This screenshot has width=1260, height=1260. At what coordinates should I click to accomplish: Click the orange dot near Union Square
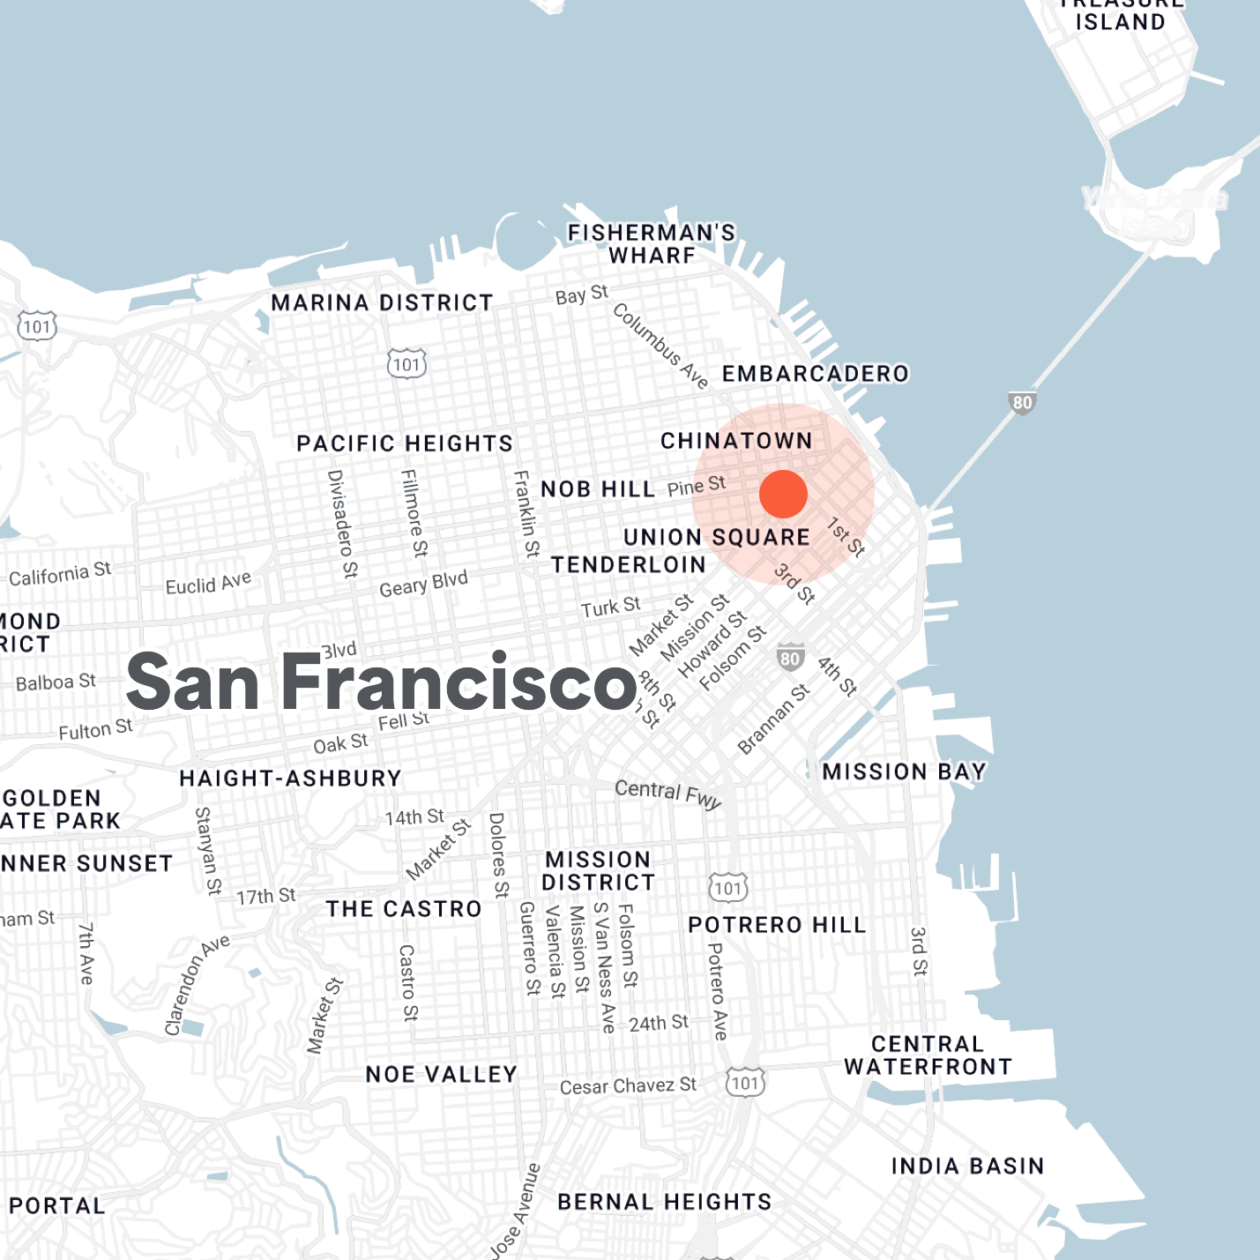[x=783, y=494]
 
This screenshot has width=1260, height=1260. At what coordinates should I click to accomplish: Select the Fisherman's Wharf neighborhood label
[x=652, y=244]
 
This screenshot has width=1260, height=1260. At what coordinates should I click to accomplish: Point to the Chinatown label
[x=736, y=441]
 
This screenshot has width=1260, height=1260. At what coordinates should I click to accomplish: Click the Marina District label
[x=382, y=303]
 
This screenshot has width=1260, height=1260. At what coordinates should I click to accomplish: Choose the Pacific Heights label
[x=405, y=444]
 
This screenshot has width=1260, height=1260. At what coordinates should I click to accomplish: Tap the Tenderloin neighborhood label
[x=629, y=565]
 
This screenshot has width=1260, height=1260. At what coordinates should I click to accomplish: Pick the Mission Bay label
[x=904, y=772]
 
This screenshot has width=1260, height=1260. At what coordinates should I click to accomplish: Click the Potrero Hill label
[x=777, y=925]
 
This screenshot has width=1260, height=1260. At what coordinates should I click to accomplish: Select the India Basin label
[x=967, y=1167]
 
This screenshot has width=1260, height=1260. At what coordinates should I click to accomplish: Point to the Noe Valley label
[x=441, y=1075]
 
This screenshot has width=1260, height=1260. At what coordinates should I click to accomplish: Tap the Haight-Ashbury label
[x=290, y=779]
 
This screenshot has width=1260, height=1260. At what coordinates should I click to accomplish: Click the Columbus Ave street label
[x=660, y=346]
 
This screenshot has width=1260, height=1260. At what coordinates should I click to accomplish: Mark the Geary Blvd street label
[x=423, y=584]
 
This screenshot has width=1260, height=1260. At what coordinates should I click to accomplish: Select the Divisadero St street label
[x=342, y=524]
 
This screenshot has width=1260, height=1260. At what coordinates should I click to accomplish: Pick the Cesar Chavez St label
[x=628, y=1086]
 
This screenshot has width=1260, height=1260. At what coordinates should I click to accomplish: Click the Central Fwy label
[x=667, y=794]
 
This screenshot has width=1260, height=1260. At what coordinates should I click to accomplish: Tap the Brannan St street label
[x=773, y=719]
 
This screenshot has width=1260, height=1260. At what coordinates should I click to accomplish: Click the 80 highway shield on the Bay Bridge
[x=1022, y=403]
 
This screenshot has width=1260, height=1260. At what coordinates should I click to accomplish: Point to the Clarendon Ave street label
[x=197, y=985]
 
